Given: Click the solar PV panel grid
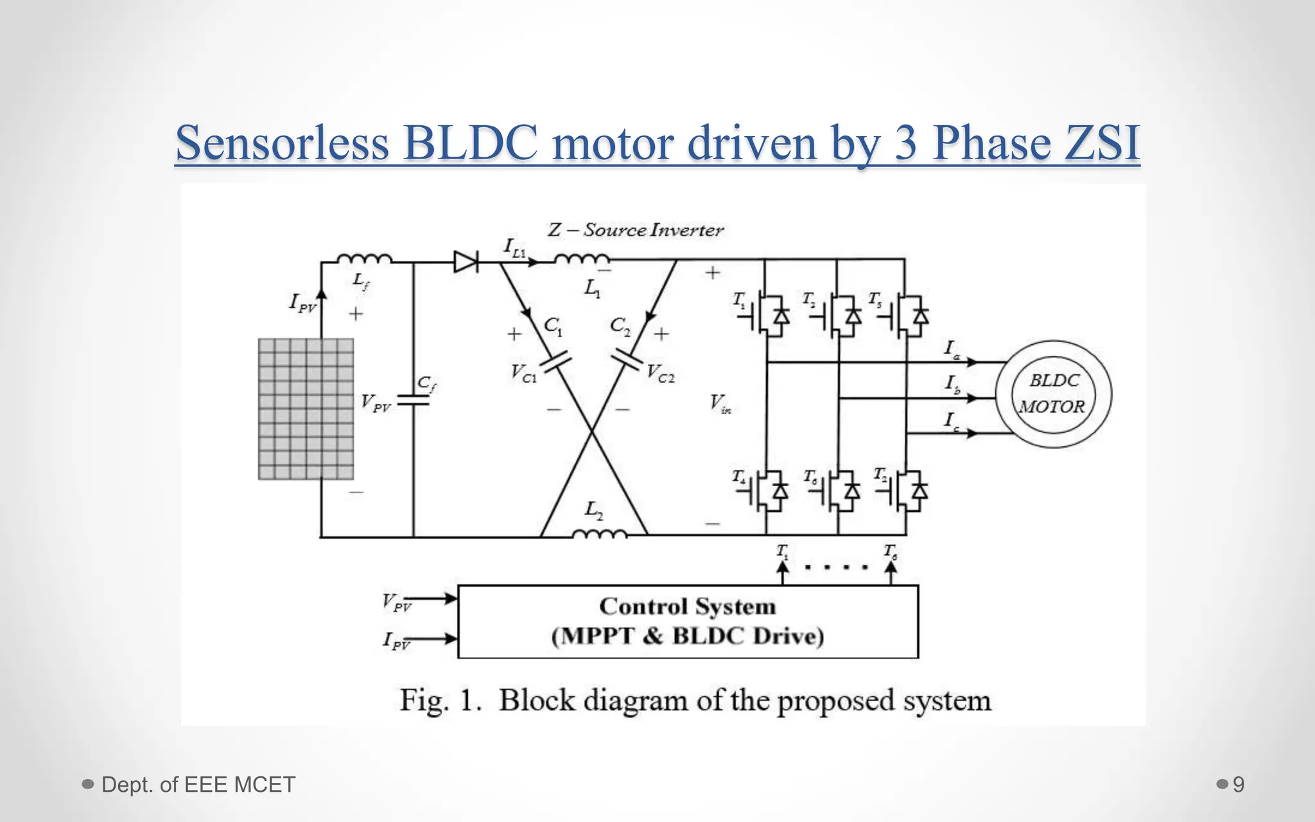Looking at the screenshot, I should pyautogui.click(x=306, y=409).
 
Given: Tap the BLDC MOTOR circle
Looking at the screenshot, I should pyautogui.click(x=1053, y=394).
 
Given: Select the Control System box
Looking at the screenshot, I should pyautogui.click(x=688, y=621).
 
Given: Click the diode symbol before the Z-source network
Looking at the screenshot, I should pyautogui.click(x=466, y=261).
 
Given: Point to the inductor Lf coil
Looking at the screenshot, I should pyautogui.click(x=364, y=259).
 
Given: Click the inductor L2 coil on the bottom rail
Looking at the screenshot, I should pyautogui.click(x=599, y=534).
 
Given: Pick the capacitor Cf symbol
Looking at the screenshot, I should pyautogui.click(x=413, y=400).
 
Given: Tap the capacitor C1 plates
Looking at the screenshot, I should pyautogui.click(x=556, y=362).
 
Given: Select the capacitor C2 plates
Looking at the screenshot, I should pyautogui.click(x=626, y=360).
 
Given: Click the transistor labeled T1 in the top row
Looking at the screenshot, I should pyautogui.click(x=768, y=315).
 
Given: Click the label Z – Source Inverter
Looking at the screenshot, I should pyautogui.click(x=635, y=230).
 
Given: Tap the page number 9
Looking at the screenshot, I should pyautogui.click(x=1239, y=784).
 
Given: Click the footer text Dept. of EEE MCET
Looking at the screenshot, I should pyautogui.click(x=198, y=784).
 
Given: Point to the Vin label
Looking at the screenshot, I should pyautogui.click(x=719, y=403).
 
